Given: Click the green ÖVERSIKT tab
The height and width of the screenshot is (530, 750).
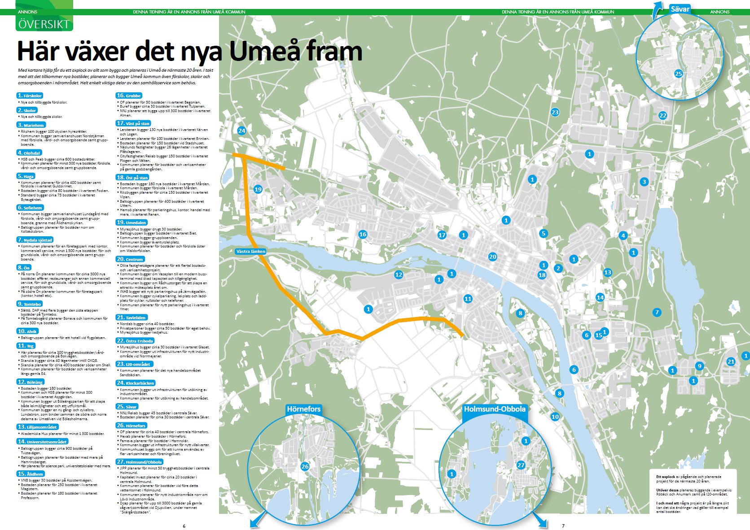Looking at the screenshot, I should tap(44, 24).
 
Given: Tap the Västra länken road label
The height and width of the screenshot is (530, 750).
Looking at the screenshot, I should tap(250, 252).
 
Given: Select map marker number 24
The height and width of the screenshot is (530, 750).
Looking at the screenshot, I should tap(241, 131).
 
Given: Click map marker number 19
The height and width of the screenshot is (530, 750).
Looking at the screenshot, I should tap(258, 189).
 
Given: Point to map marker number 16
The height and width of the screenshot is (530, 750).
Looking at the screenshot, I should tap(363, 234).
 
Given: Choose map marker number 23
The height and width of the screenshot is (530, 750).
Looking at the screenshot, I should tap(555, 112).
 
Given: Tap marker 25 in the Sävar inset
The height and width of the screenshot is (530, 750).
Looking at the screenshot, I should tap(678, 74).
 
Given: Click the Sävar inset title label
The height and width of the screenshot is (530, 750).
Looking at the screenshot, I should tap(680, 9).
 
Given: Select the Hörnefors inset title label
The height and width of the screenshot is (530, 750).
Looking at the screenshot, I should tap(303, 409).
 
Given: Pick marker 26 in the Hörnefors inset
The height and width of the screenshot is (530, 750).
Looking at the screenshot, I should tap(305, 466).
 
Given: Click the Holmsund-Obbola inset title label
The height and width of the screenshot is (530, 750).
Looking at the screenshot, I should tap(494, 409).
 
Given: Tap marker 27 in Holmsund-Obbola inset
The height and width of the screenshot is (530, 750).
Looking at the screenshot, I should tap(521, 465).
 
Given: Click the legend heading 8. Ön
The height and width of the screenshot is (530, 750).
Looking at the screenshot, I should tap(24, 268).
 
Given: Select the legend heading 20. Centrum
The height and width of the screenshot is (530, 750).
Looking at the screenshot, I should tap(130, 259).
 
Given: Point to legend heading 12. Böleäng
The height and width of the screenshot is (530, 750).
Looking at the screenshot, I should tap(31, 382).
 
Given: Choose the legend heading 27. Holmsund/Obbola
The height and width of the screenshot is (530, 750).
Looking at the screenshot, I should tap(140, 462).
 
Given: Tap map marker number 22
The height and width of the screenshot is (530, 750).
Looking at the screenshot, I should tap(662, 115).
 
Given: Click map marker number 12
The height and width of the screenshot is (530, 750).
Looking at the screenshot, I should tap(398, 274).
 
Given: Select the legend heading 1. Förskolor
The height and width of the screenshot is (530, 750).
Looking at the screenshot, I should tap(30, 96).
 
